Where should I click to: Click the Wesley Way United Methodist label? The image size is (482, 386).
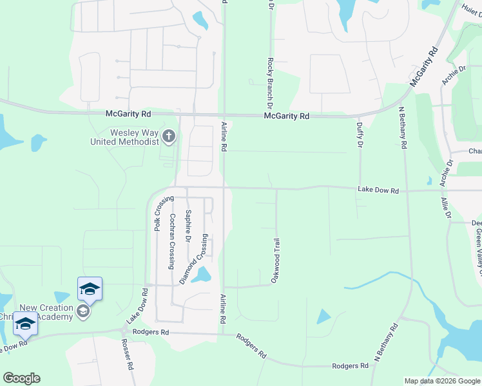point(125,137)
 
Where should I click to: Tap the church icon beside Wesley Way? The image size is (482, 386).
point(169,136)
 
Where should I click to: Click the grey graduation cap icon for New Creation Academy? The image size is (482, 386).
point(82,311)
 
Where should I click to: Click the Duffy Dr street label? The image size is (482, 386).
point(359,135)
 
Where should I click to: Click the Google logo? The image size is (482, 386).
point(21,378)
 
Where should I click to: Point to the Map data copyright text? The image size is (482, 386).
point(441,381)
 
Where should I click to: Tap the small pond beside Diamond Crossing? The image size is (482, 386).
point(201,276)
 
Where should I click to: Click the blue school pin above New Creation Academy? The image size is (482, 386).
point(90,289)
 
